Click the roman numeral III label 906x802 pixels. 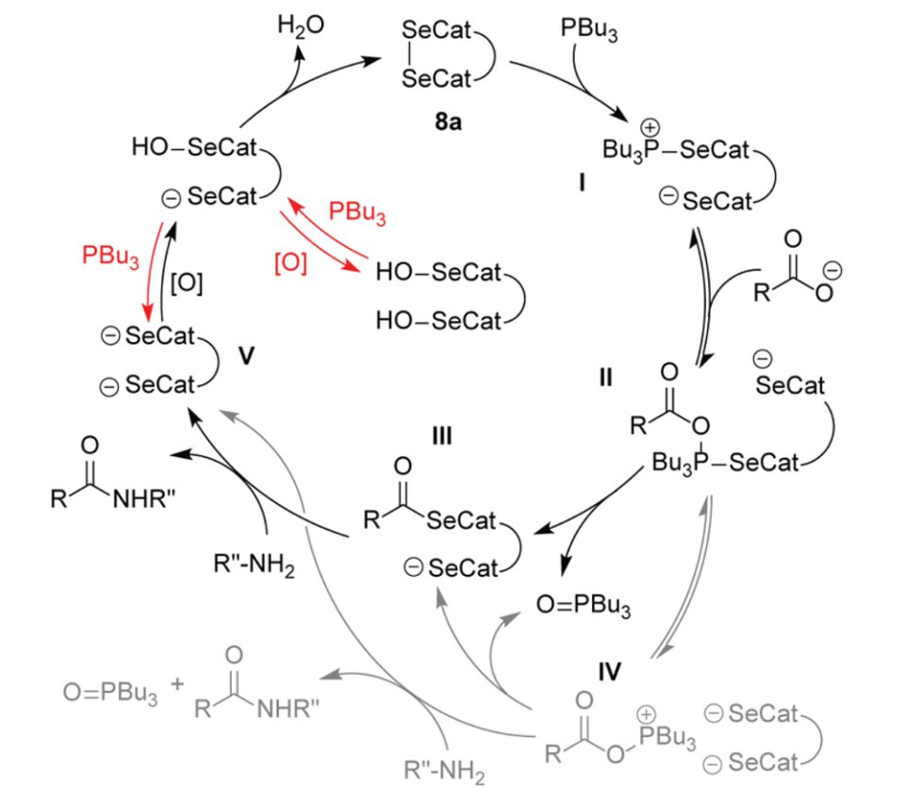pyautogui.click(x=439, y=436)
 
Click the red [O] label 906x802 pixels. pyautogui.click(x=290, y=264)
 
